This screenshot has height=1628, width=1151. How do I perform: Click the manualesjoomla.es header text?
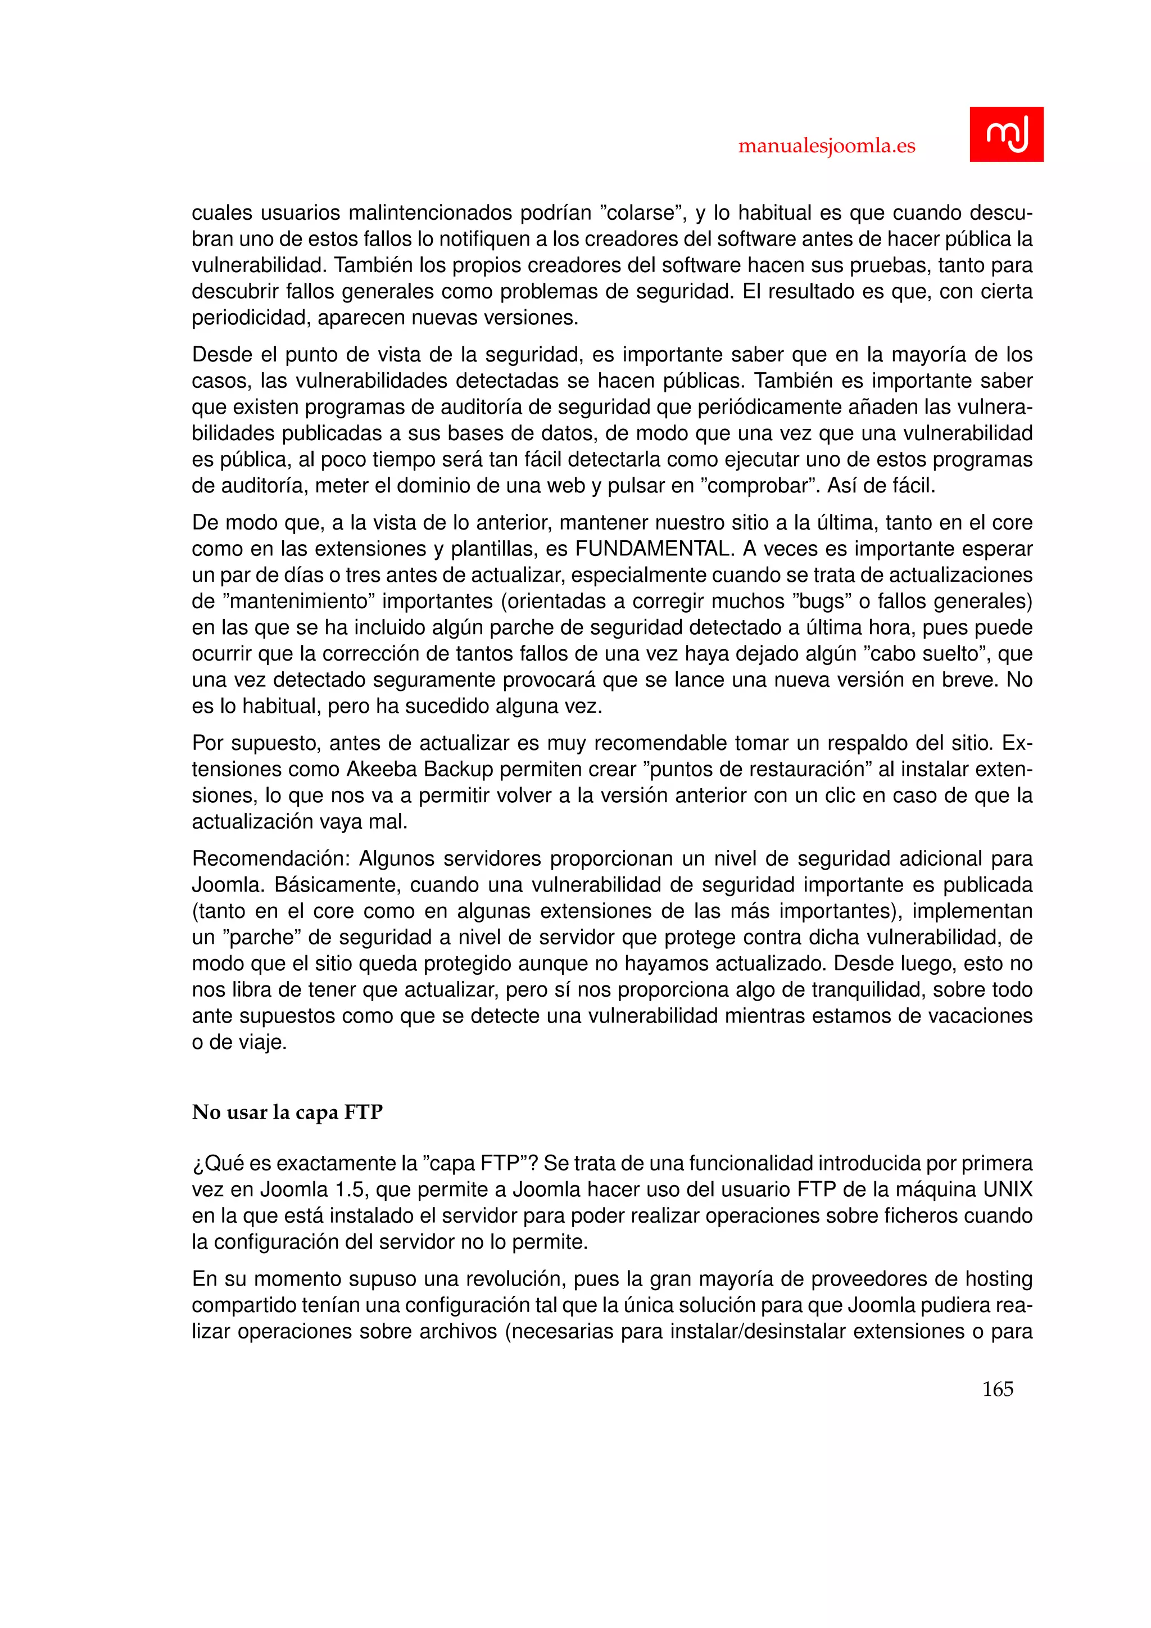826,146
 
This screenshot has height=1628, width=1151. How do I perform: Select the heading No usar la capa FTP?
287,1113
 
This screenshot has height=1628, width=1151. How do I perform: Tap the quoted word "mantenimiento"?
298,602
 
